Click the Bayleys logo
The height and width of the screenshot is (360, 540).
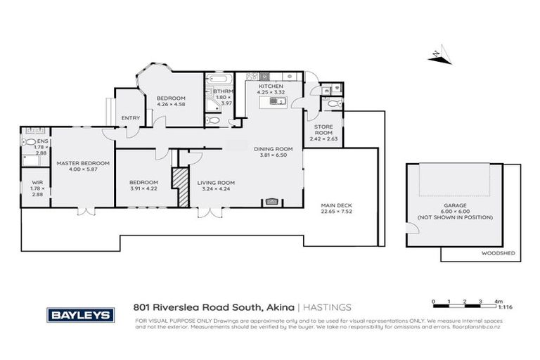tap(80, 315)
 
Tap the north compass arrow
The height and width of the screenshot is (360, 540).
tap(439, 56)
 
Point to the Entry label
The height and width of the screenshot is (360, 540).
tap(131, 118)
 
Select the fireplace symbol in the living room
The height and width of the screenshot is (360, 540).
tap(271, 202)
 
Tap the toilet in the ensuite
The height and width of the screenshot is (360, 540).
tap(29, 141)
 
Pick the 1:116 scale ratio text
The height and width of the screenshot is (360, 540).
tap(504, 307)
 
